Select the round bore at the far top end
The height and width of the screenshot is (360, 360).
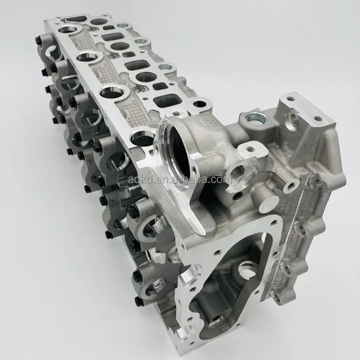(x=67, y=31)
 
